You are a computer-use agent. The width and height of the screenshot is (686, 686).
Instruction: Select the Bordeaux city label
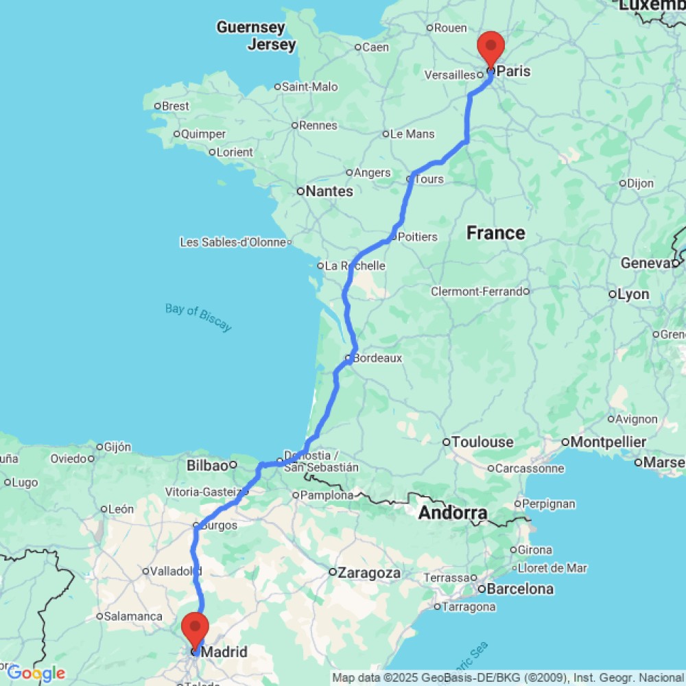pyautogui.click(x=377, y=358)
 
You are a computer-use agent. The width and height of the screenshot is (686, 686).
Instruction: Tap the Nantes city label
pyautogui.click(x=329, y=191)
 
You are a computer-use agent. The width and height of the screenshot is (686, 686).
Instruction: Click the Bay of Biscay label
pyautogui.click(x=198, y=318)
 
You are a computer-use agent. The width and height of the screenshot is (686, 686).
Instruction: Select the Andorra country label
pyautogui.click(x=453, y=512)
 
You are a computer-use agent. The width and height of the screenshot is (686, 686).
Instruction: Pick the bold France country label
pyautogui.click(x=495, y=233)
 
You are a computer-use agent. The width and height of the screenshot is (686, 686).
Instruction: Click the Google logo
pyautogui.click(x=36, y=673)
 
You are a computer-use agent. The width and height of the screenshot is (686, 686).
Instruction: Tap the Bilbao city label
pyautogui.click(x=206, y=466)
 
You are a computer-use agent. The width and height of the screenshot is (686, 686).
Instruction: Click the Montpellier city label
pyautogui.click(x=608, y=442)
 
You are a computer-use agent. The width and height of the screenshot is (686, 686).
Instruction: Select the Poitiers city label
pyautogui.click(x=417, y=237)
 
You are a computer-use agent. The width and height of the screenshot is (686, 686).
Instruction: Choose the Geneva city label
pyautogui.click(x=645, y=263)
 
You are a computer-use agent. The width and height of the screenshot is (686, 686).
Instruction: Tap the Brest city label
pyautogui.click(x=176, y=106)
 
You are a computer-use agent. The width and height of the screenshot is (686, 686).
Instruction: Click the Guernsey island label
pyautogui.click(x=250, y=27)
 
